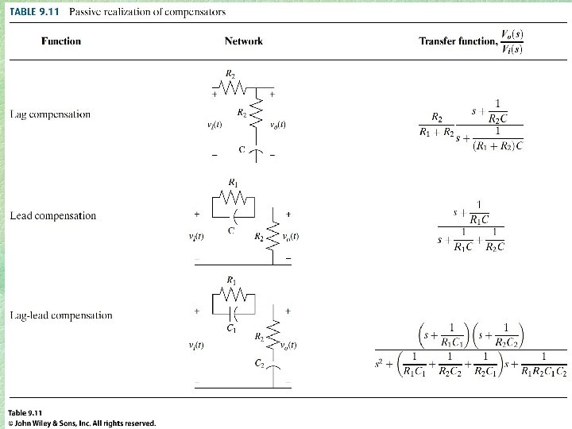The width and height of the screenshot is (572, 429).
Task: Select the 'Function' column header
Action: tap(61, 41)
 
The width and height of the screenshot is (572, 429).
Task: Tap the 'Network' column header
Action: tap(243, 41)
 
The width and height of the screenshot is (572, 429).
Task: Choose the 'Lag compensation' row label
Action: tap(50, 114)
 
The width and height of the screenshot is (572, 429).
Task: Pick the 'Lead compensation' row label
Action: tap(52, 215)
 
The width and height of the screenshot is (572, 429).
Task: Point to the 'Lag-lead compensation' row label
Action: tap(61, 315)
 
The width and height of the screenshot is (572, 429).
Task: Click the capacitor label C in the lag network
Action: tap(242, 149)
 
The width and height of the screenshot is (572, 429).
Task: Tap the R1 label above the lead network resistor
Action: tap(232, 183)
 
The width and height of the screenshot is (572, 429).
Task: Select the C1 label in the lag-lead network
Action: tap(231, 328)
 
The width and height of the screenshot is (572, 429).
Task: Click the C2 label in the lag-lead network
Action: tap(260, 363)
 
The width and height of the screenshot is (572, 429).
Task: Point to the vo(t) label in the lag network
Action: tap(277, 124)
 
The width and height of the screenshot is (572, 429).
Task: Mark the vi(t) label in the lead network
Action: tap(195, 237)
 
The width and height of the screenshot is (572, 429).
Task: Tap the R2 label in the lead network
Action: tap(259, 237)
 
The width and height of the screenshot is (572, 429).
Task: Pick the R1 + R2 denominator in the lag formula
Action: tap(436, 132)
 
